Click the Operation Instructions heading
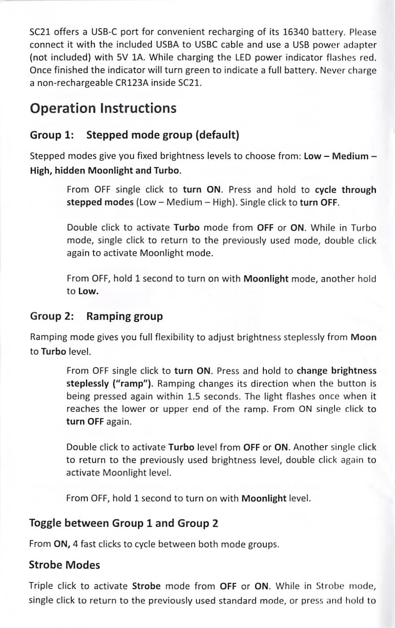click(x=103, y=108)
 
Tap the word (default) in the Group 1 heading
click(x=217, y=135)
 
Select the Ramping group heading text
click(x=125, y=316)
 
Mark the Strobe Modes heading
click(x=64, y=565)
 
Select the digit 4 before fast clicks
click(x=76, y=545)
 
